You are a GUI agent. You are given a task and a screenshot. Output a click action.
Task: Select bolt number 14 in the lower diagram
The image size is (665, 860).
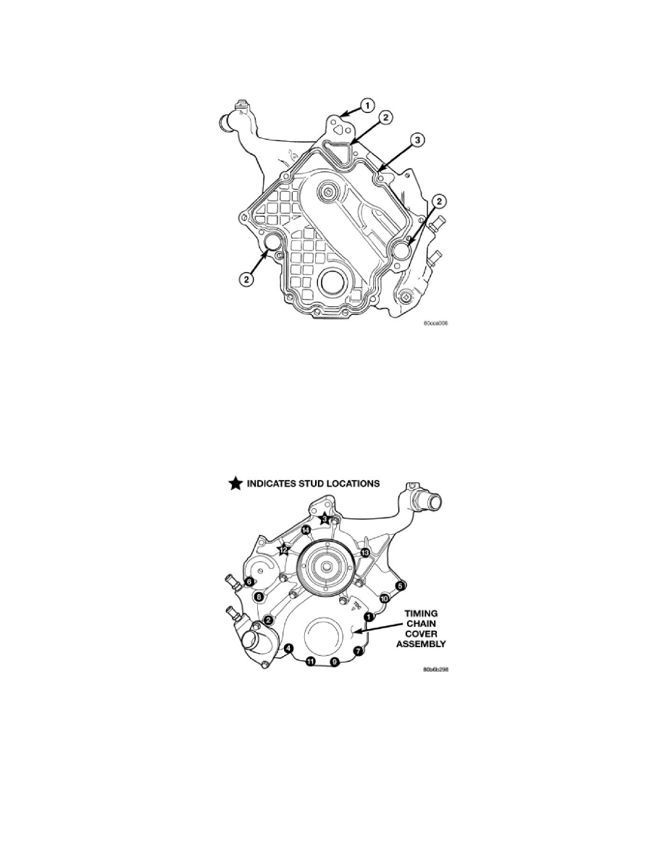306,531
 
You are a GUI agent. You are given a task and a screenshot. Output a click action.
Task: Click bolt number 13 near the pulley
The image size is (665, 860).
365,552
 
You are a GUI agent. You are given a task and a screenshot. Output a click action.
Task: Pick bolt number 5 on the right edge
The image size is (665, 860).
400,586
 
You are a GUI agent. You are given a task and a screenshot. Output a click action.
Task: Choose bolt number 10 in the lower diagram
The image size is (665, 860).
385,599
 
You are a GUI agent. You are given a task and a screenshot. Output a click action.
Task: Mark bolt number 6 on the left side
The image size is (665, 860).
248,581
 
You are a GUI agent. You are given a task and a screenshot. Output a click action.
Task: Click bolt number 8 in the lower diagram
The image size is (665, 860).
259,597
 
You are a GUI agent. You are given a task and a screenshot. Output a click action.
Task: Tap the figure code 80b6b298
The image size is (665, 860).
435,670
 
